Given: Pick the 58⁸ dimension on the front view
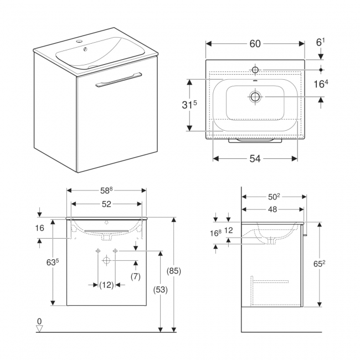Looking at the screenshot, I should coord(106,191).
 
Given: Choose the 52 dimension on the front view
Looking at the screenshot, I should coord(106,204).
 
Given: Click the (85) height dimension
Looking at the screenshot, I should coord(174,272).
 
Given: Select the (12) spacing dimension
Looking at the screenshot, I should coord(106,285).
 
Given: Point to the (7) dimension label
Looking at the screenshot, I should coord(135,276).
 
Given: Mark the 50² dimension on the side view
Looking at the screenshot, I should coord(273,197).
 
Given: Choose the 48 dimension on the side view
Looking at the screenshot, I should coord(272,209).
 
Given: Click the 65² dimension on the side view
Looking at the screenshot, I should coord(320,264).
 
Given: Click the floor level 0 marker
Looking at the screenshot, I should coord(39,322).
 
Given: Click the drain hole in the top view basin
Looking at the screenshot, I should coord(255,97).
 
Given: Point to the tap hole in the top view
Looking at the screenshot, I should coord(255,70).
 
